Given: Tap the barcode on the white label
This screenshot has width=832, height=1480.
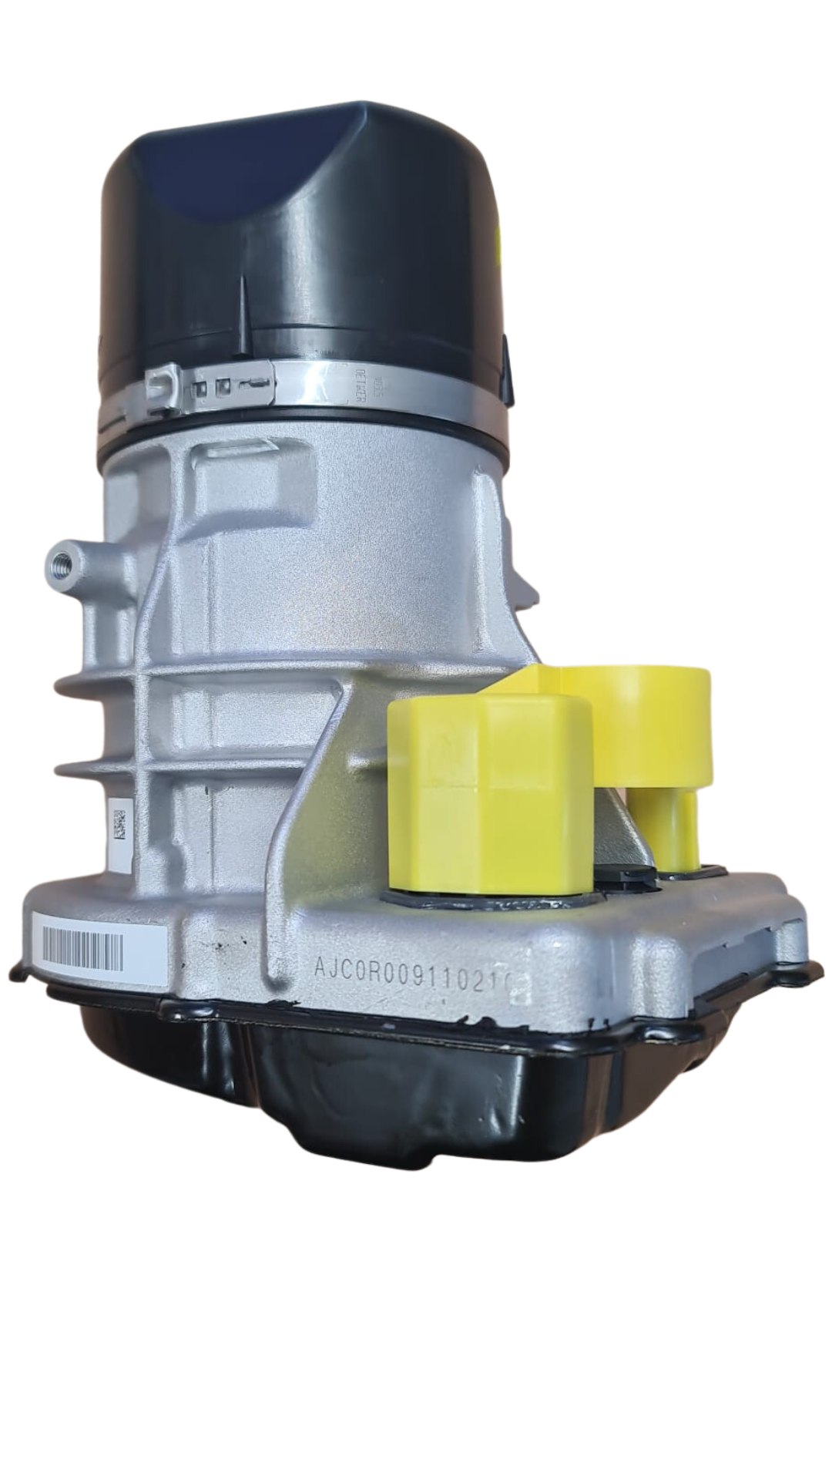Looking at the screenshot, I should pos(83,943).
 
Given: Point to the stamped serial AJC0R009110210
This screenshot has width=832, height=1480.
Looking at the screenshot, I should pos(412,963).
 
